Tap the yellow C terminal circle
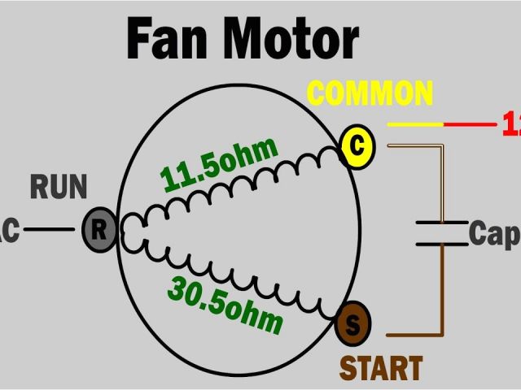pos(356,146)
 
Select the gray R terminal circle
pos(99,230)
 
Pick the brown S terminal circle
pos(352,323)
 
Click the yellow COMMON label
pos(370,93)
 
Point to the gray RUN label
pos(59,188)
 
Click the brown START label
pos(381,368)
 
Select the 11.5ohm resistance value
pos(220,163)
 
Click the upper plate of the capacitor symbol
pos(442,222)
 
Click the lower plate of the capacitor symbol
pos(442,243)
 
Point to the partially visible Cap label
pos(494,234)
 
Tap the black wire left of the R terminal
pos(49,229)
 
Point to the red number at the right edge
pos(512,125)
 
